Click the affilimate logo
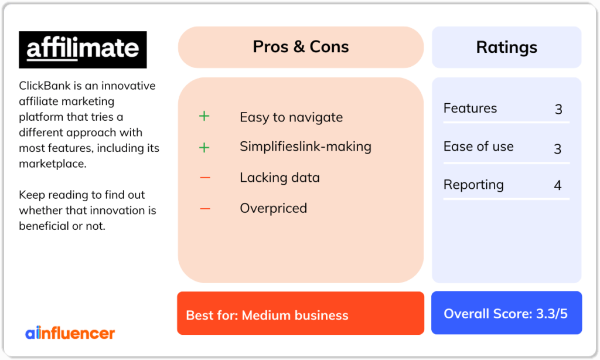point(83,50)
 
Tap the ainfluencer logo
point(70,333)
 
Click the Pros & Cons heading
point(301,47)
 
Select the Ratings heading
point(507,47)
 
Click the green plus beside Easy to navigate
point(204,116)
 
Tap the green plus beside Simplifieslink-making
point(204,147)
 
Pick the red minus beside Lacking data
point(205,178)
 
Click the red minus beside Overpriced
point(205,209)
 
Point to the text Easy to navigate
point(291,117)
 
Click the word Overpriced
point(273,208)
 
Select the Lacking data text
point(279,178)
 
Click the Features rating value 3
point(558,110)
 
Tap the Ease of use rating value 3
point(558,148)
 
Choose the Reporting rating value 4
point(558,185)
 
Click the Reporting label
point(473,185)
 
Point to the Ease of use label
point(478,147)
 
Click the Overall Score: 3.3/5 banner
point(507,313)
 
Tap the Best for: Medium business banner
point(301,313)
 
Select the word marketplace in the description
point(53,164)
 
